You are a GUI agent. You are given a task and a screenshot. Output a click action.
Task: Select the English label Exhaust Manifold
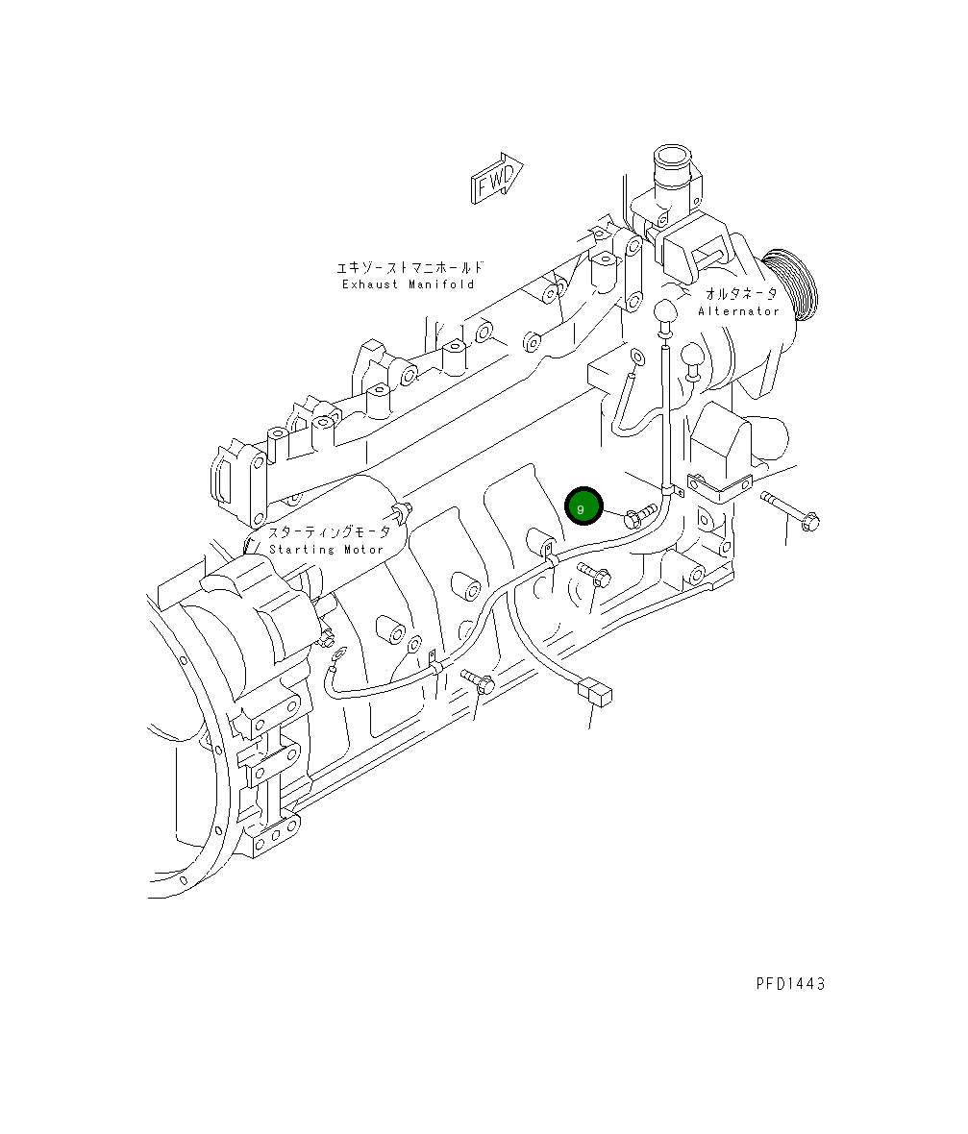pos(408,284)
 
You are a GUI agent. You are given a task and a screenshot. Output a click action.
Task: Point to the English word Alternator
pos(738,311)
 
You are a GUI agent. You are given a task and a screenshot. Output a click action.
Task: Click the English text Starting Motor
pos(326,550)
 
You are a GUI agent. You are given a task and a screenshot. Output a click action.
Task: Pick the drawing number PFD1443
pos(790,983)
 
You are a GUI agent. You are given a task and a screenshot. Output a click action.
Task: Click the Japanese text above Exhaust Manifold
pos(409,267)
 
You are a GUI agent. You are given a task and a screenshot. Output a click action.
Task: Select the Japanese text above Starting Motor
pos(329,532)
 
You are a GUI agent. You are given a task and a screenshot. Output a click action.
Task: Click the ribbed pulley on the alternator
pos(790,283)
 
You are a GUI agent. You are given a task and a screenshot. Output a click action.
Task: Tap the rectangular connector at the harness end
pos(595,691)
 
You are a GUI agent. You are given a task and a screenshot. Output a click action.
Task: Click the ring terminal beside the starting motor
pos(336,657)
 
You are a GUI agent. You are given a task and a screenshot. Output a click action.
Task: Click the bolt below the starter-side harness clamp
pos(480,683)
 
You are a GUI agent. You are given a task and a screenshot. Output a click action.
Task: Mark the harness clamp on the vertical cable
pos(671,491)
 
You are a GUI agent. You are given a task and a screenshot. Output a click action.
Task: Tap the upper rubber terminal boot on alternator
pos(664,313)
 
